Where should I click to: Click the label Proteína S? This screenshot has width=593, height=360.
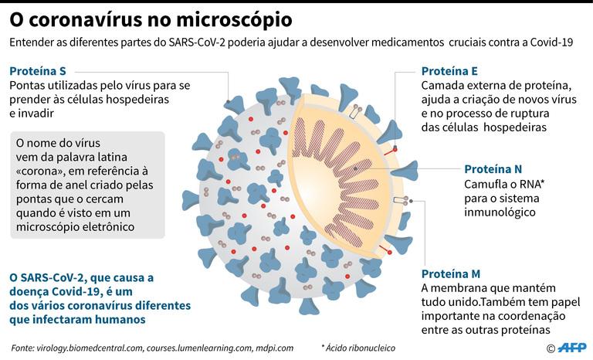38,71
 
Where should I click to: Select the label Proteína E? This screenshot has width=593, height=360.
449,71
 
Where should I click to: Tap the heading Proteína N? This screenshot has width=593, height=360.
493,169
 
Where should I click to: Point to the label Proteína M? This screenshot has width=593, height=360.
451,273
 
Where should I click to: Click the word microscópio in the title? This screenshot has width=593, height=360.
234,20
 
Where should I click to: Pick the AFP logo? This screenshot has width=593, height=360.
573,347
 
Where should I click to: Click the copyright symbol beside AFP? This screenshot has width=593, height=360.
551,348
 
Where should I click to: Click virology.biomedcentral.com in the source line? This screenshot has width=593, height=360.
90,348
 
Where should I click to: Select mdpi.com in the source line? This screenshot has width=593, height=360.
274,348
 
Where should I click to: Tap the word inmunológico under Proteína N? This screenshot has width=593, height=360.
500,212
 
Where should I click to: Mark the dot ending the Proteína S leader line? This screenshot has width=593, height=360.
228,101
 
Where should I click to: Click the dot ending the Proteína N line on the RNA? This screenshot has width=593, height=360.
355,168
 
